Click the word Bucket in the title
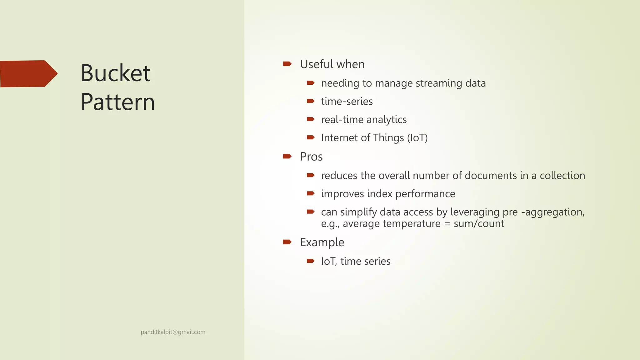(x=115, y=73)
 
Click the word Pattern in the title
(x=118, y=102)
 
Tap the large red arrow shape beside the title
(x=28, y=74)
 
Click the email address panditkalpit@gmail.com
(x=173, y=332)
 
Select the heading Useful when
(x=332, y=64)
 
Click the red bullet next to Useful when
(x=287, y=64)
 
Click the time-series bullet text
(x=347, y=102)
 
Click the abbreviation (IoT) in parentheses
(x=417, y=138)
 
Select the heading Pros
(x=311, y=157)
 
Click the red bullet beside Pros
(x=287, y=156)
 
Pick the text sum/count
(x=479, y=224)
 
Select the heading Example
(x=322, y=242)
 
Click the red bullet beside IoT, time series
(x=310, y=261)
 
